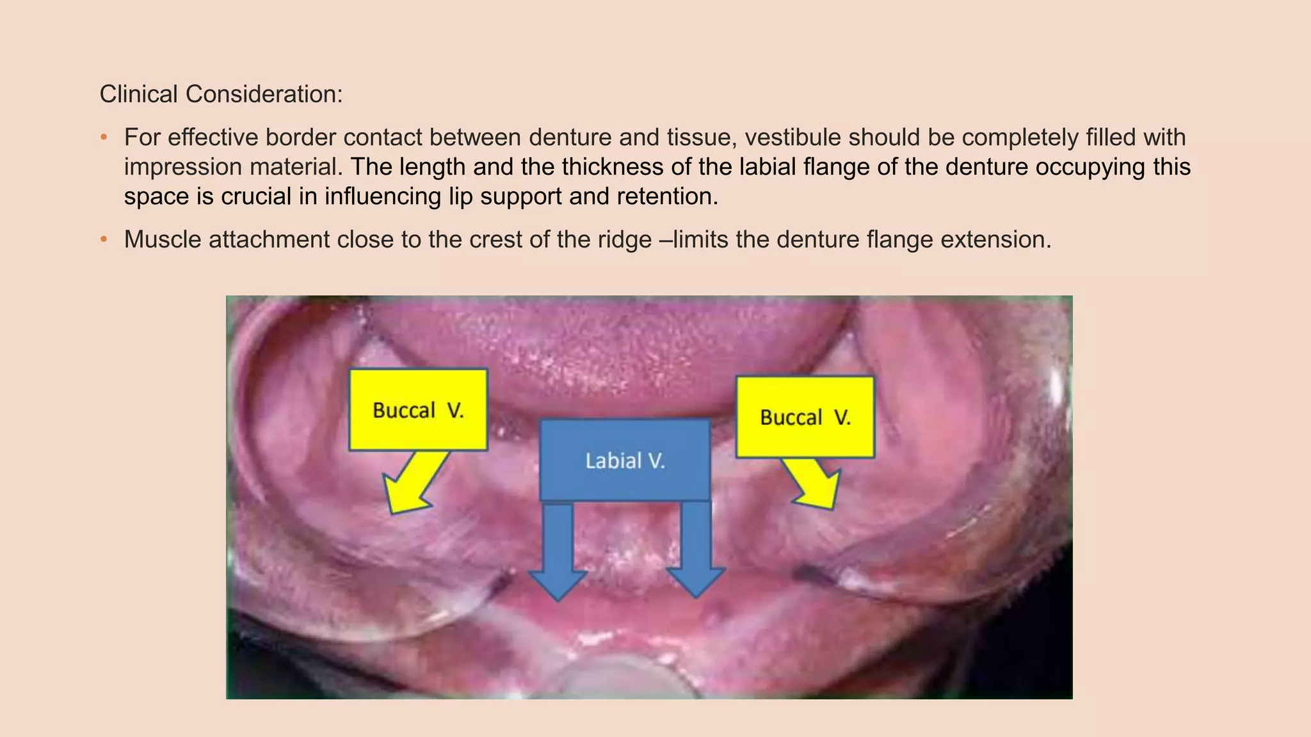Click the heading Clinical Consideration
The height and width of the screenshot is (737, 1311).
221,95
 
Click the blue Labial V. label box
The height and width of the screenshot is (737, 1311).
625,460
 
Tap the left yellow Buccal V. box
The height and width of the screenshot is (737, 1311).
418,409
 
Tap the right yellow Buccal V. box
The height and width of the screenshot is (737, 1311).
805,417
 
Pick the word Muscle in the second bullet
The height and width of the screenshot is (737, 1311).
163,240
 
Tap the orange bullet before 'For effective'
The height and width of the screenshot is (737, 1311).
104,138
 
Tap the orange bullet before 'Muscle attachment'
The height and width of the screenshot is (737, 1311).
104,240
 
